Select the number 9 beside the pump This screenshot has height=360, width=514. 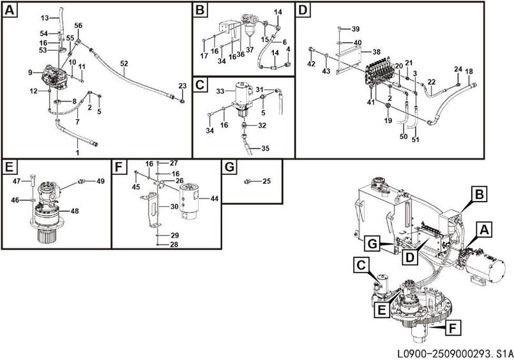pyautogui.click(x=30, y=73)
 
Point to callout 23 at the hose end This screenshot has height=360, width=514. pyautogui.click(x=182, y=86)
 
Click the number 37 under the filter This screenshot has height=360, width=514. pyautogui.click(x=250, y=50)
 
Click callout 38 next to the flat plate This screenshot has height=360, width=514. pyautogui.click(x=376, y=52)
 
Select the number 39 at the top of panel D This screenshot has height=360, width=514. pyautogui.click(x=356, y=29)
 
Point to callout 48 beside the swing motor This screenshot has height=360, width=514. pyautogui.click(x=74, y=211)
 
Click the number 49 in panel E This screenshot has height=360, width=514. pyautogui.click(x=100, y=181)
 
